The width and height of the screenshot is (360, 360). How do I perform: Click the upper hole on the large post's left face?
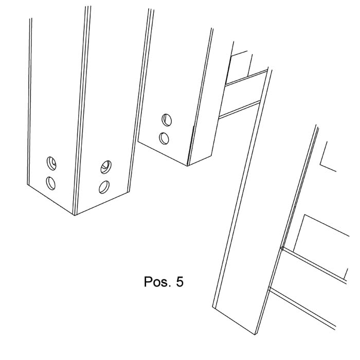pyautogui.click(x=51, y=163)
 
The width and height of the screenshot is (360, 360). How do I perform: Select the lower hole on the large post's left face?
pyautogui.click(x=51, y=183)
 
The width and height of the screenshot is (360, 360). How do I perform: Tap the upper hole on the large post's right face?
pyautogui.click(x=106, y=167)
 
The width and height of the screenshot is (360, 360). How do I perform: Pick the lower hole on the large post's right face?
pyautogui.click(x=104, y=187)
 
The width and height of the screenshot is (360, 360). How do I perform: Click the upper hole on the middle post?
pyautogui.click(x=167, y=120)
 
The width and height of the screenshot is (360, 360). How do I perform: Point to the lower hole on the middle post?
pyautogui.click(x=164, y=138)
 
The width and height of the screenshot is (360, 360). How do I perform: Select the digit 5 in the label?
pyautogui.click(x=180, y=281)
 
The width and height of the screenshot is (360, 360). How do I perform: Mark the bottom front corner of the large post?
pyautogui.click(x=75, y=215)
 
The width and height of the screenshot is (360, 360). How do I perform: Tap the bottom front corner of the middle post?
pyautogui.click(x=188, y=166)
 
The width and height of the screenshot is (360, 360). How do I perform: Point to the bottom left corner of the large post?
pyautogui.click(x=27, y=184)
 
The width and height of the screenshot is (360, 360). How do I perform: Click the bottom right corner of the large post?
pyautogui.click(x=129, y=192)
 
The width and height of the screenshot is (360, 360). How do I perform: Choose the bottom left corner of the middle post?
pyautogui.click(x=138, y=141)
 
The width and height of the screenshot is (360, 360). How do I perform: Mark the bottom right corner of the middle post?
pyautogui.click(x=212, y=156)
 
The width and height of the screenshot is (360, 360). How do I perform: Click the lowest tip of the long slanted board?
pyautogui.click(x=255, y=335)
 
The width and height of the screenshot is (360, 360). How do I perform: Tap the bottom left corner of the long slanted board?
pyautogui.click(x=212, y=306)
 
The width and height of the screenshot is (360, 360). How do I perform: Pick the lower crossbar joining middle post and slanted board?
pyautogui.click(x=239, y=110)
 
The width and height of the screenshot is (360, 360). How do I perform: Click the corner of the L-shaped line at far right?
pyautogui.click(x=320, y=164)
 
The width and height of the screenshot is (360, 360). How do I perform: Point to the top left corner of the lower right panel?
pyautogui.click(x=304, y=214)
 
